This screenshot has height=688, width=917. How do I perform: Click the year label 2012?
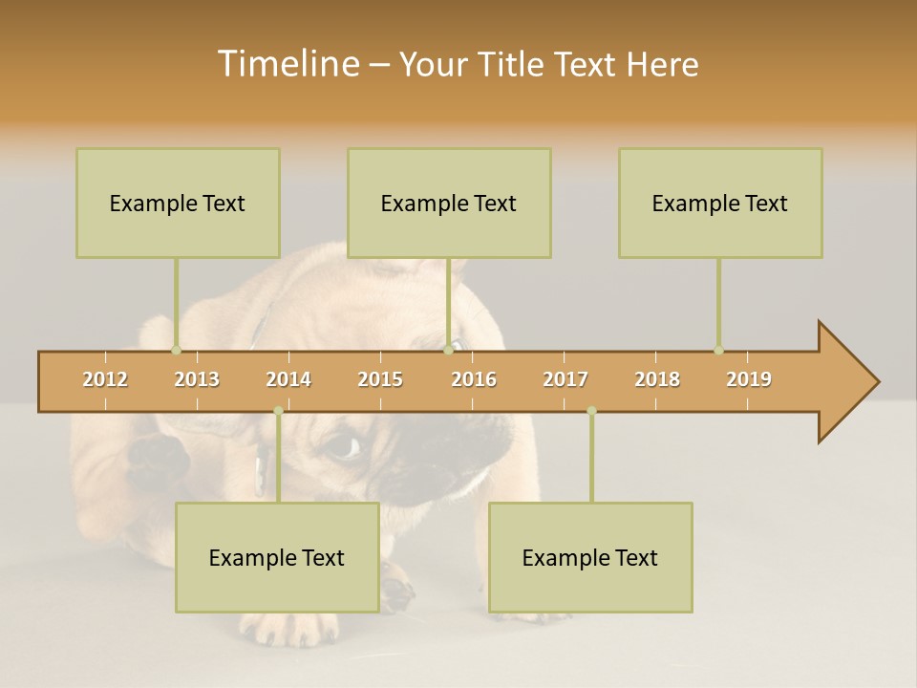(x=105, y=379)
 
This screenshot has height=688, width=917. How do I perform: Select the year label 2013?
(x=197, y=379)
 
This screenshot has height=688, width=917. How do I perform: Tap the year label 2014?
(x=288, y=379)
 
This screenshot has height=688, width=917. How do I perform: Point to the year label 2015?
(x=380, y=379)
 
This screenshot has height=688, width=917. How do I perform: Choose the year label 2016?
(x=474, y=379)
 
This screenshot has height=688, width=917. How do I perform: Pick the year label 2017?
(x=565, y=379)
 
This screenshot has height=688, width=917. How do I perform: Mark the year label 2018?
(x=657, y=379)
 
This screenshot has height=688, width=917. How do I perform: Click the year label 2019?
(x=749, y=379)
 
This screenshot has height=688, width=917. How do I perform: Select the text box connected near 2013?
(x=178, y=203)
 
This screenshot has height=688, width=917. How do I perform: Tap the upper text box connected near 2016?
(x=449, y=203)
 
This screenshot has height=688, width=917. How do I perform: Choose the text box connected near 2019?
(x=720, y=203)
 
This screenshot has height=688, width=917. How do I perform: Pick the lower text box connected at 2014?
(x=277, y=557)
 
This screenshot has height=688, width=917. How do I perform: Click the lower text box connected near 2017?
(x=590, y=557)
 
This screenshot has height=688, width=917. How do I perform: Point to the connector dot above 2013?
(x=176, y=350)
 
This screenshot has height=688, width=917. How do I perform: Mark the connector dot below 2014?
(x=278, y=411)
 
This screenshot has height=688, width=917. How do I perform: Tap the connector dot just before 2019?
(x=718, y=350)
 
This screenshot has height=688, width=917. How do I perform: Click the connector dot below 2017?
(x=591, y=411)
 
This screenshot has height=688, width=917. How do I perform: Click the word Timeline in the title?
(x=286, y=64)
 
